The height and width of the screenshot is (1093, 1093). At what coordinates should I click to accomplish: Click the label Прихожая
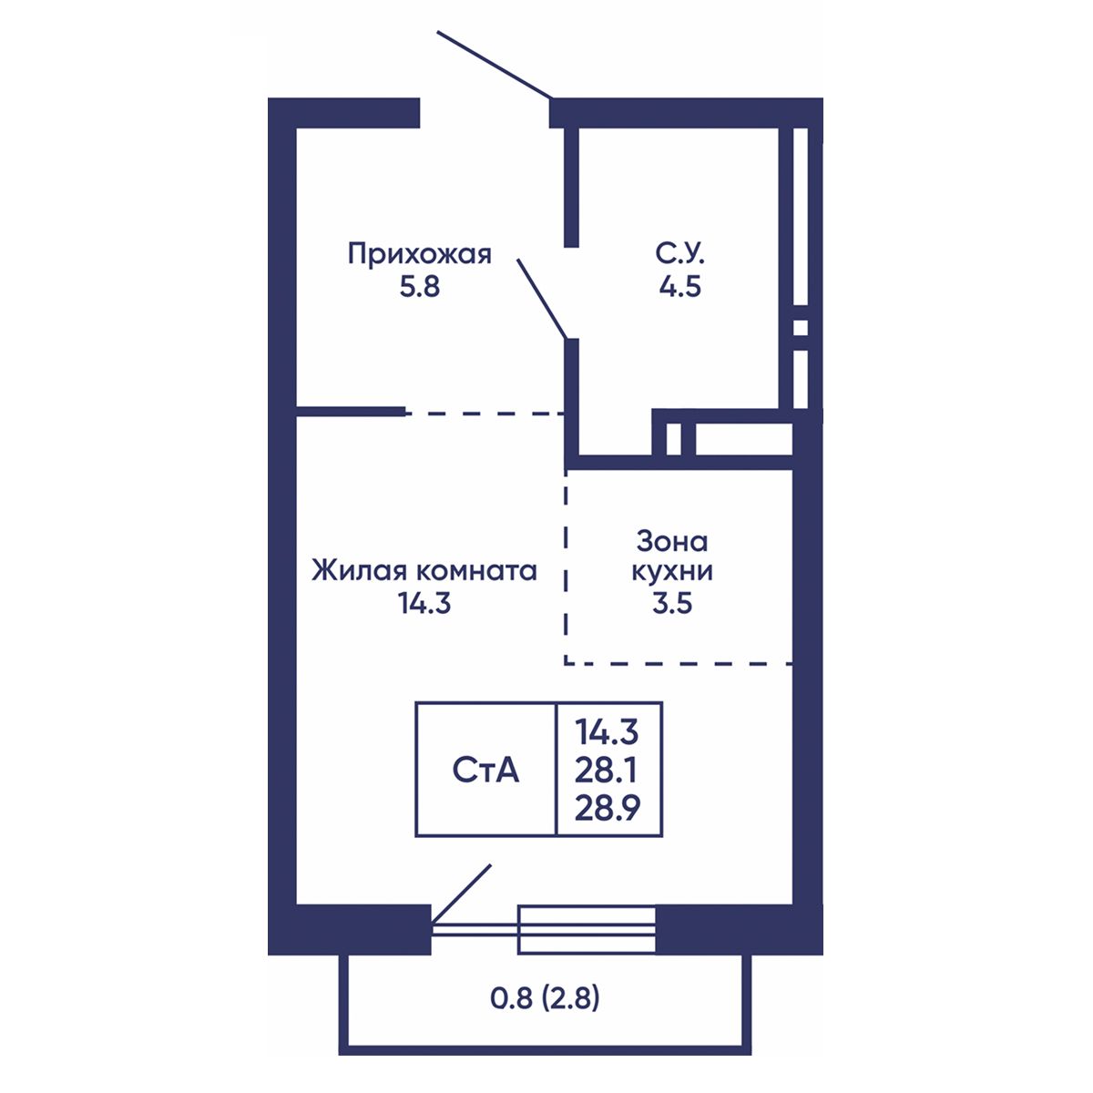point(419,255)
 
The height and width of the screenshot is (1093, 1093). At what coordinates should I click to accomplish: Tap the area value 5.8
point(419,287)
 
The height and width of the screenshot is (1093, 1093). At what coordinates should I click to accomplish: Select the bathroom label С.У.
point(679,254)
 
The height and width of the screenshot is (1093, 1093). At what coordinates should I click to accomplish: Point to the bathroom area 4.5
point(679,287)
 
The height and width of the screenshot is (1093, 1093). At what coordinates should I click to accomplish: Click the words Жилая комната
point(424,571)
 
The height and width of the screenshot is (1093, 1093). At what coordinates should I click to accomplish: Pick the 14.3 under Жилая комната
point(424,603)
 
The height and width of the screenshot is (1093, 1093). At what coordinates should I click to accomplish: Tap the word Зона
point(672,542)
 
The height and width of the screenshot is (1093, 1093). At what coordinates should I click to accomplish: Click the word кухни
point(672,572)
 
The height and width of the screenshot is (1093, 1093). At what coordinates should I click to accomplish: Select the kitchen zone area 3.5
point(672,603)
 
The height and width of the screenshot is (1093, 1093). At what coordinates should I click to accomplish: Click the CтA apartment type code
point(485,771)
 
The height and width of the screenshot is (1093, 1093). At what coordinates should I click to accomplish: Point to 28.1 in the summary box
point(606,771)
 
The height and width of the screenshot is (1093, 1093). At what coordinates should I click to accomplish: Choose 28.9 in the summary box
point(607,809)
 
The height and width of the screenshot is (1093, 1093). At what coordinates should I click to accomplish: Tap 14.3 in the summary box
point(607,732)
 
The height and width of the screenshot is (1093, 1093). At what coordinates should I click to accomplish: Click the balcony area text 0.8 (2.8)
point(545,998)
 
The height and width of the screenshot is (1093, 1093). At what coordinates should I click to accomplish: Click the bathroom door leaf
point(542,299)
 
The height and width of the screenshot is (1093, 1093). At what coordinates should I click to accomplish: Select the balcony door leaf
point(460,894)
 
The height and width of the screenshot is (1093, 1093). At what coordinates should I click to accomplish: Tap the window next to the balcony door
point(587,929)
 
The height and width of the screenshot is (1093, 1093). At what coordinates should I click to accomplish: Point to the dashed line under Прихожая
point(485,414)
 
